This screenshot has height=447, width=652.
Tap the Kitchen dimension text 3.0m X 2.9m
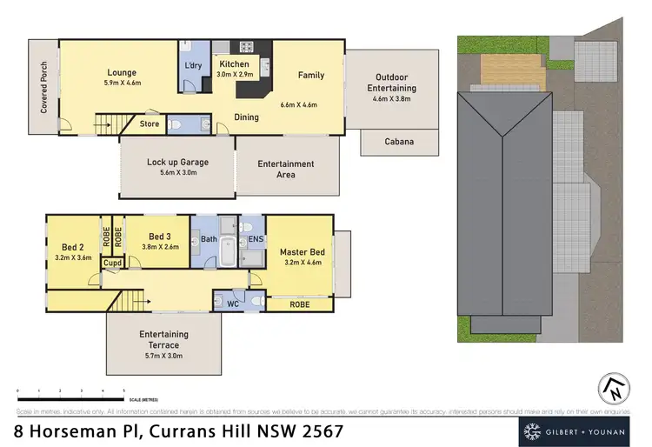(235, 77)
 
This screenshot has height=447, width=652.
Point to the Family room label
(310, 76)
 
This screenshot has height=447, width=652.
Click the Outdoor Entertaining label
(386, 83)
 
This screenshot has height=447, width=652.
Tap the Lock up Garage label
(177, 162)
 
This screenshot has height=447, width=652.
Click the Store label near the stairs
(150, 124)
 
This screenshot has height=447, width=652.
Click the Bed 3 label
(158, 236)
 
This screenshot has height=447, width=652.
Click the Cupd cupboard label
(113, 263)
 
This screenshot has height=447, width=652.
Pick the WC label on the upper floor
(232, 304)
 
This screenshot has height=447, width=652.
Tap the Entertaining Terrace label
(163, 339)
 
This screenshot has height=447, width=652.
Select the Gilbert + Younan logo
(576, 430)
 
